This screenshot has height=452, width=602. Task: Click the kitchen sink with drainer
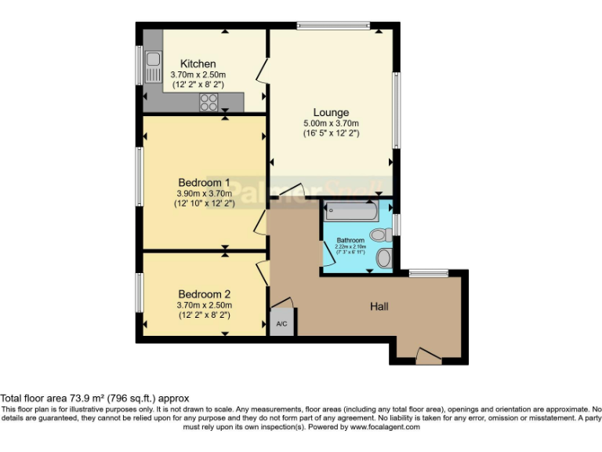[153, 66]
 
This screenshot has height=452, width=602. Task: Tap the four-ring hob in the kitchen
[209, 102]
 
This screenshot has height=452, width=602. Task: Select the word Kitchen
[198, 64]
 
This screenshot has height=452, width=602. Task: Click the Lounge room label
[331, 112]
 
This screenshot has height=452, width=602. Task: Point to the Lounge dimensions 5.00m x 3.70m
[331, 123]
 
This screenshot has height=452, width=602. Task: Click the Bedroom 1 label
[198, 181]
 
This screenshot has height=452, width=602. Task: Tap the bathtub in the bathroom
[350, 210]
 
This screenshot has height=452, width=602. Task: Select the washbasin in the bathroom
[384, 258]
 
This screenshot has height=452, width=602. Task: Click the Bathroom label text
[350, 240]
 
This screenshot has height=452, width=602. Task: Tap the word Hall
[379, 306]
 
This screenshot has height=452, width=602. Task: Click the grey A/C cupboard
[280, 323]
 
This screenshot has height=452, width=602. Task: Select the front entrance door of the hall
[428, 356]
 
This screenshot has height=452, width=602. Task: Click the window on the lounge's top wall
[333, 26]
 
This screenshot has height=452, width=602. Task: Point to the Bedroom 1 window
[140, 182]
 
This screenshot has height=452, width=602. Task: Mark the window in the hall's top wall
[429, 273]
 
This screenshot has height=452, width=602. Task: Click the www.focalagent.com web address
[385, 427]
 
